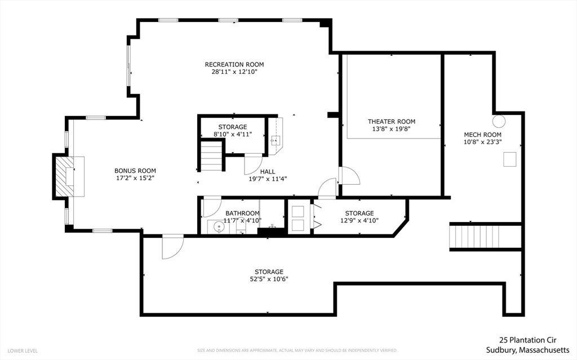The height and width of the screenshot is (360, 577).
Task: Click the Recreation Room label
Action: [x=234, y=64]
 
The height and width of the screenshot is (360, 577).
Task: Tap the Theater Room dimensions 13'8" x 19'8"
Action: [x=391, y=129]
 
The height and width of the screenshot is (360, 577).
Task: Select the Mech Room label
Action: [x=482, y=135]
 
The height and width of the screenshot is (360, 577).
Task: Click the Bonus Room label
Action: [x=135, y=171]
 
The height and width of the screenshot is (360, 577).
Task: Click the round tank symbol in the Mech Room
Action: [x=499, y=121]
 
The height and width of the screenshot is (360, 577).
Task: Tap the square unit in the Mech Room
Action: [x=509, y=161]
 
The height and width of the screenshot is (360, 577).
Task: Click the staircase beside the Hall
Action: [x=211, y=156]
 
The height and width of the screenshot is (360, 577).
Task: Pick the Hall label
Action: [x=268, y=172]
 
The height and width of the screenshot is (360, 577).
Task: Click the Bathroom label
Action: [x=242, y=213]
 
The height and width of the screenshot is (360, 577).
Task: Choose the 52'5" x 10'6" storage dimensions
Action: [x=268, y=279]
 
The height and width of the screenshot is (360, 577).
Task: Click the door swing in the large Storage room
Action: [x=172, y=247]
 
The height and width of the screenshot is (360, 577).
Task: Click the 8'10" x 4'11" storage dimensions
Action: [x=232, y=134]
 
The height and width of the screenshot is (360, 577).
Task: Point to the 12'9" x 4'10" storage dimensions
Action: [x=359, y=220]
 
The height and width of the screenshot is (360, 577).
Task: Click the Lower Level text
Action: [x=23, y=350]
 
